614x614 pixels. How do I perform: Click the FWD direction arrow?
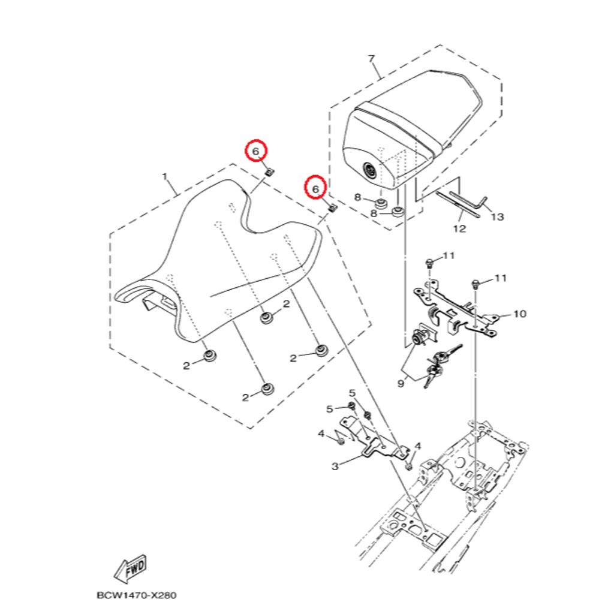click(x=130, y=568)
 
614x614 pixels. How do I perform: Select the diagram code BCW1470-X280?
click(x=136, y=595)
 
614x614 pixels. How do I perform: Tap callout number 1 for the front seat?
click(x=165, y=177)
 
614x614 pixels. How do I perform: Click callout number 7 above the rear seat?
click(x=372, y=59)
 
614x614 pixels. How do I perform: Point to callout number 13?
click(x=497, y=216)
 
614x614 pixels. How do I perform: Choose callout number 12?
click(x=460, y=228)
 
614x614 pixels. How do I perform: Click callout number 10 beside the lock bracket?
click(x=520, y=314)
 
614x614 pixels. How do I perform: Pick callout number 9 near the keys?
click(x=401, y=383)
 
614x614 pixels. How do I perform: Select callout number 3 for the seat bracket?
click(x=335, y=466)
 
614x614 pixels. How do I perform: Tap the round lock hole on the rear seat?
click(x=369, y=171)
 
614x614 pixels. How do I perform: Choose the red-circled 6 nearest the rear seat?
click(x=315, y=189)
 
